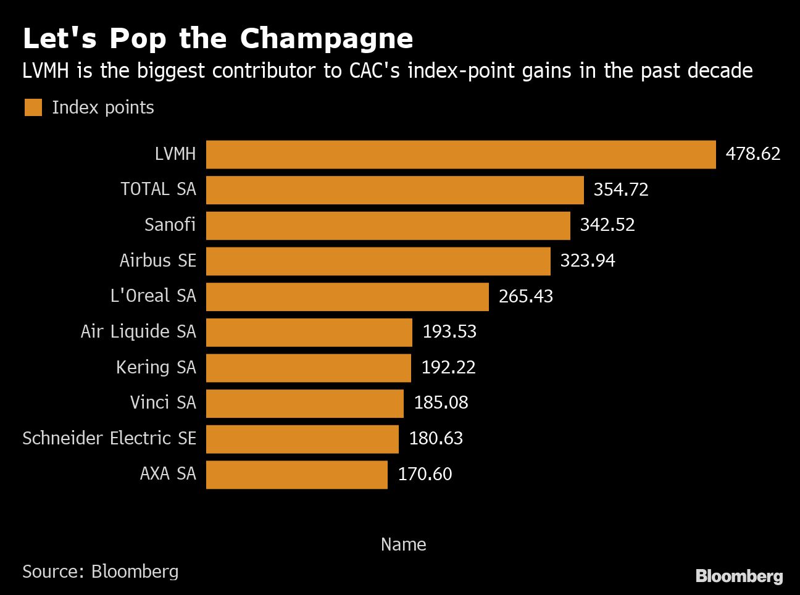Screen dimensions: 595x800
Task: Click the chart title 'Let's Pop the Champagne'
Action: pyautogui.click(x=217, y=38)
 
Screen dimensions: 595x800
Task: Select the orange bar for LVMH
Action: pyautogui.click(x=460, y=154)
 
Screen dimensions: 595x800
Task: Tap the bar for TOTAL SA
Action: pyautogui.click(x=394, y=190)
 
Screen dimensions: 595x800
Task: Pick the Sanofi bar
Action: pyautogui.click(x=388, y=225)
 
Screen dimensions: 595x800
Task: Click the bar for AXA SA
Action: pyautogui.click(x=296, y=475)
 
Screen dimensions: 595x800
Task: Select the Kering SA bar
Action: pyautogui.click(x=308, y=368)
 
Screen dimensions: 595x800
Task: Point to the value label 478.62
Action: pyautogui.click(x=752, y=154)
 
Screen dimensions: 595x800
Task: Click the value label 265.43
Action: pyautogui.click(x=525, y=296)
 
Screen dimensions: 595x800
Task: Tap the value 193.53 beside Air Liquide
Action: pyautogui.click(x=449, y=332)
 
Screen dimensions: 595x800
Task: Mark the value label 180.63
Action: pyautogui.click(x=436, y=438)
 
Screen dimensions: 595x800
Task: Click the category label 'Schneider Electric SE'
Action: pyautogui.click(x=109, y=438)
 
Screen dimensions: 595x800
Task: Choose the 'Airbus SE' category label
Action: pyautogui.click(x=157, y=260)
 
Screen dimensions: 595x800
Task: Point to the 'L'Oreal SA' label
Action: pyautogui.click(x=153, y=296)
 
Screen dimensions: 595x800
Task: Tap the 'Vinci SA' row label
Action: pyautogui.click(x=163, y=402)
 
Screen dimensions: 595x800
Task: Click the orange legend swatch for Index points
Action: pyautogui.click(x=33, y=107)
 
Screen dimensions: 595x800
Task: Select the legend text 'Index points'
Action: pyautogui.click(x=103, y=107)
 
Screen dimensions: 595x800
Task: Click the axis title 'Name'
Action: pyautogui.click(x=403, y=544)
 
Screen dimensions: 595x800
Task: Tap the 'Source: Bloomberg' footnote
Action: pyautogui.click(x=100, y=572)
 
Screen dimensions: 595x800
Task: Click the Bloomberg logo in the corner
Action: pyautogui.click(x=739, y=576)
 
